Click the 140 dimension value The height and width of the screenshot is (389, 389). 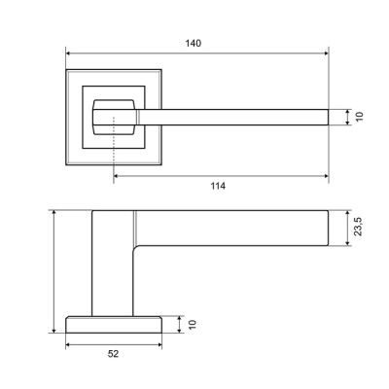[x=194, y=43]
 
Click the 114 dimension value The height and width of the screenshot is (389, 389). [x=218, y=186]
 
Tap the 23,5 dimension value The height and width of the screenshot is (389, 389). [x=358, y=227]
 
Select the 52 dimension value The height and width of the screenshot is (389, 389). [x=113, y=354]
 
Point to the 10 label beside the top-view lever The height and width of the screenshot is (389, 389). [x=360, y=117]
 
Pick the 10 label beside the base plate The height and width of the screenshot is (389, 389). [x=193, y=325]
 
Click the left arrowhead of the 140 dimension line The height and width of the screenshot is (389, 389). [x=68, y=53]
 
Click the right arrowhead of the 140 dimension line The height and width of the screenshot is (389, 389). [x=326, y=53]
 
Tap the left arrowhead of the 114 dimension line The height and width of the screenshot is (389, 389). [x=116, y=176]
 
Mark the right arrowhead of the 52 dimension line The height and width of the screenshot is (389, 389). [x=159, y=345]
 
